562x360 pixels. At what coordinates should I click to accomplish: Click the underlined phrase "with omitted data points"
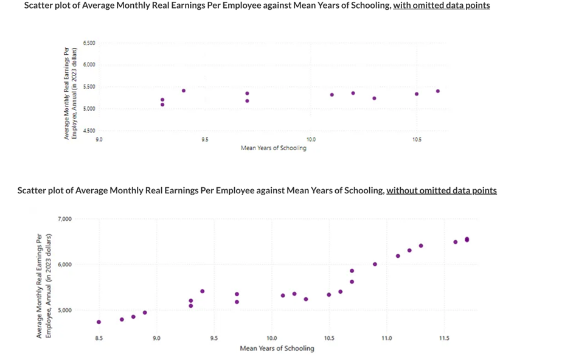point(441,5)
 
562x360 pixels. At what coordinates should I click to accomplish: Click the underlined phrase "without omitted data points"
point(441,190)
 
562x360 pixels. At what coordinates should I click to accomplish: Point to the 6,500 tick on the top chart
point(89,43)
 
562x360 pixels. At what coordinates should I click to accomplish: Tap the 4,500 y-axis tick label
point(89,130)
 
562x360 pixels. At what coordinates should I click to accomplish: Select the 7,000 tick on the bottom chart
point(65,219)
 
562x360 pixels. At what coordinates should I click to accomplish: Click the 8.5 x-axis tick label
point(99,338)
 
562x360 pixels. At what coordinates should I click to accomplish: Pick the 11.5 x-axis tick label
point(444,338)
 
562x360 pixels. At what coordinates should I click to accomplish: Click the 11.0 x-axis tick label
point(387,338)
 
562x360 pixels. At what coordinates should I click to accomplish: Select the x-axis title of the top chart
point(273,148)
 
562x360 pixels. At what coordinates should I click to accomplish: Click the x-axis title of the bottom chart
point(277,348)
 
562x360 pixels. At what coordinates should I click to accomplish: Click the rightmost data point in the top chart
point(437,91)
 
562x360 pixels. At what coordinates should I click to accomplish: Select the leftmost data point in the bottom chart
point(99,322)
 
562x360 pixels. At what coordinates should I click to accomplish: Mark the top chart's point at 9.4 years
point(184,91)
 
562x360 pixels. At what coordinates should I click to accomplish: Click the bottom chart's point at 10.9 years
point(375,265)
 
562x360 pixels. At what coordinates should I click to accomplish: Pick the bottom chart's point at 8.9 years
point(145,313)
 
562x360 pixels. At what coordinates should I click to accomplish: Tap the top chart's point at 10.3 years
point(374,98)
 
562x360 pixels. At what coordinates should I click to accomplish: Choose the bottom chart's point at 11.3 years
point(421,246)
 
